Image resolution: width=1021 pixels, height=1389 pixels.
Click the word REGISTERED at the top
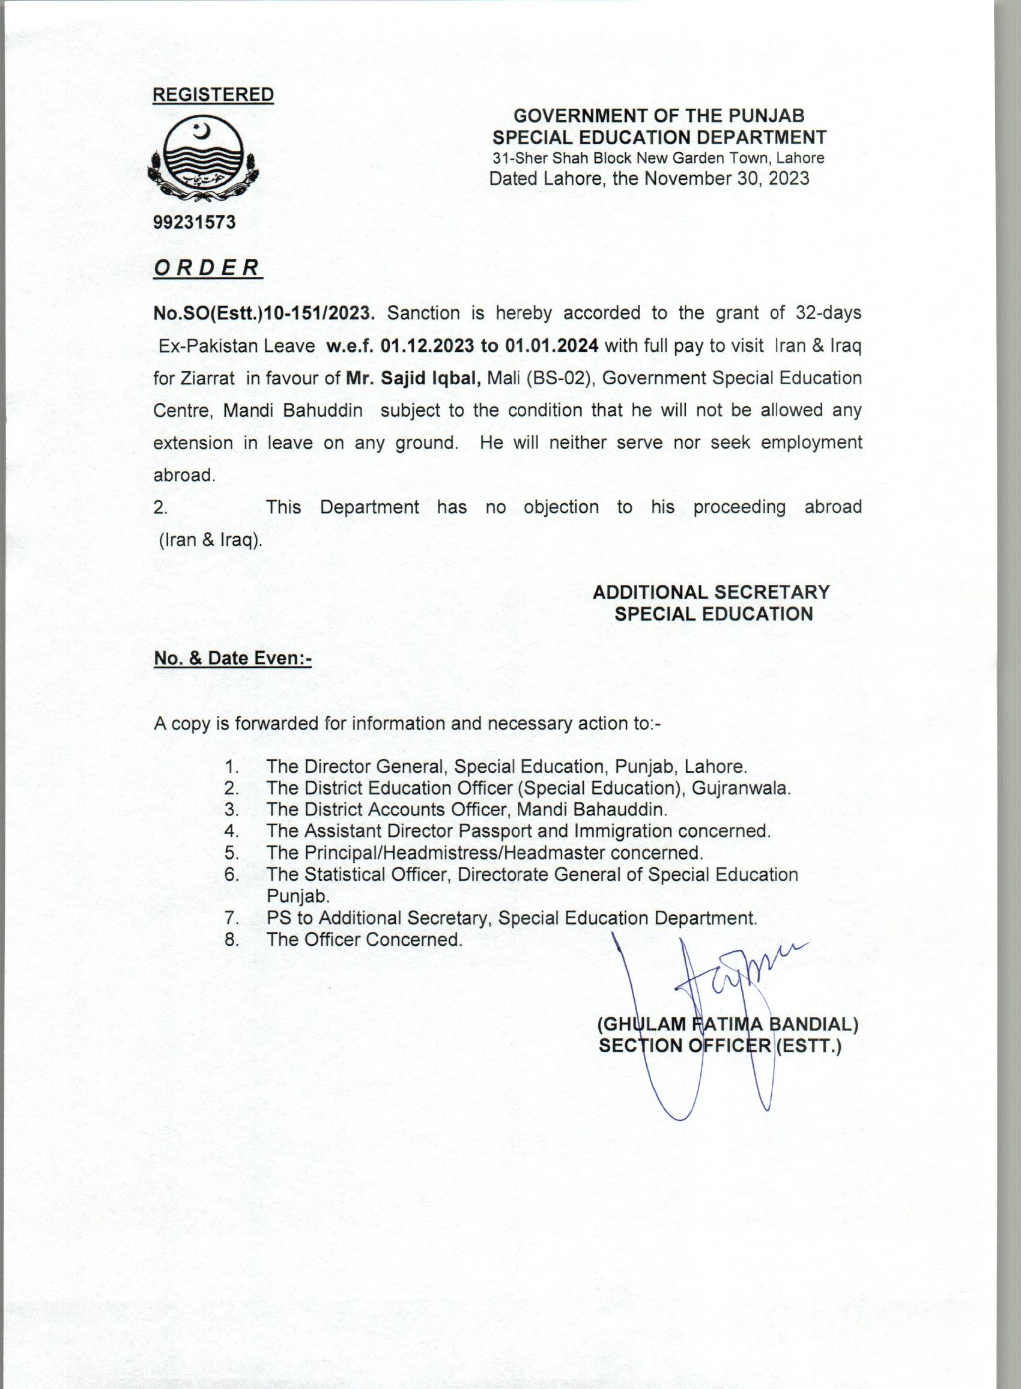(x=213, y=94)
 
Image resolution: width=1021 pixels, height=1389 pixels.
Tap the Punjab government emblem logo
(x=204, y=162)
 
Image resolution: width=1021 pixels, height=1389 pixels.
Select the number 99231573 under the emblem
(x=195, y=222)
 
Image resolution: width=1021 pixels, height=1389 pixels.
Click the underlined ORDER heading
(x=207, y=268)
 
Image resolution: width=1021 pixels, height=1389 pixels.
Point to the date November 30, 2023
(x=727, y=178)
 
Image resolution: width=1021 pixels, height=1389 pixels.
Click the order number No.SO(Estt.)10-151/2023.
(x=264, y=313)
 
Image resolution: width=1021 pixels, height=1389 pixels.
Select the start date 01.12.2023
(x=427, y=346)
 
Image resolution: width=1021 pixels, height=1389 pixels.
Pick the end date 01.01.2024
(x=552, y=346)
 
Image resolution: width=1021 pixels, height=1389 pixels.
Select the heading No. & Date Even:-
(x=232, y=659)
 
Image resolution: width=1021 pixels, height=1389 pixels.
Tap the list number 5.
(x=232, y=853)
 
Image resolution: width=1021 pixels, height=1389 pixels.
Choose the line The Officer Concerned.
(x=364, y=940)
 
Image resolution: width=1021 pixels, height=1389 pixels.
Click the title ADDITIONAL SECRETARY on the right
(x=710, y=592)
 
